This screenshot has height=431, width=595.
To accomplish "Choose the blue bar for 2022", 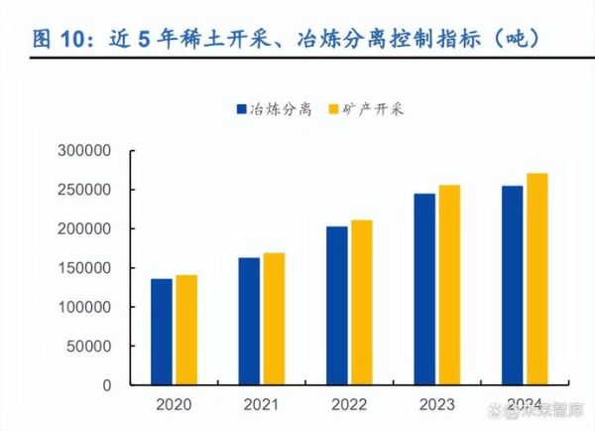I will pyautogui.click(x=336, y=305).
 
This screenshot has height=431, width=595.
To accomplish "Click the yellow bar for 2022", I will pyautogui.click(x=361, y=302).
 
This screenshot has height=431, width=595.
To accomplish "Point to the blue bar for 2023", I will pyautogui.click(x=424, y=289).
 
